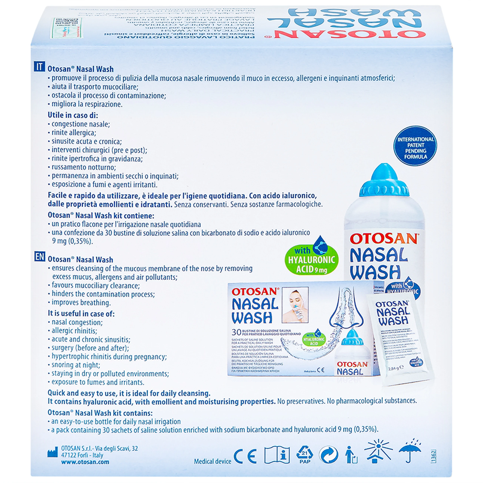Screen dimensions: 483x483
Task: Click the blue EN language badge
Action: click(39, 257)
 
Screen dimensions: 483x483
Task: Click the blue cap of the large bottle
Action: click(384, 182)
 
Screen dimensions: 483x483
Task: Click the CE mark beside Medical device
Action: click(245, 456)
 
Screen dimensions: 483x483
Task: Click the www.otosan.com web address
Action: click(85, 462)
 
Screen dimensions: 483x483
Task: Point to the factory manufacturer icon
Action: click(52, 453)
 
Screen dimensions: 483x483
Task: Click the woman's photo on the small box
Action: click(295, 305)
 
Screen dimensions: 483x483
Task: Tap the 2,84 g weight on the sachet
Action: click(396, 368)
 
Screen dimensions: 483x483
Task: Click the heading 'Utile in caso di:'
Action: click(73, 115)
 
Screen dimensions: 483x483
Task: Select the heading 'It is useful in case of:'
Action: click(81, 314)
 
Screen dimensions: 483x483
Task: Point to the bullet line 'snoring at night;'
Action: click(75, 365)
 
